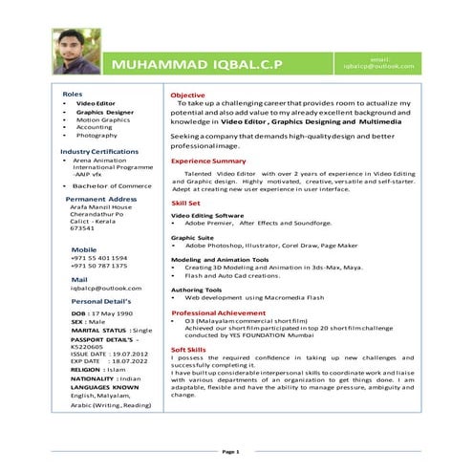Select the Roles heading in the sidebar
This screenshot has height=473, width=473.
click(72, 94)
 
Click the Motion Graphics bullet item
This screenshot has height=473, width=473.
click(102, 118)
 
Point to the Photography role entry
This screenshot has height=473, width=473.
click(97, 136)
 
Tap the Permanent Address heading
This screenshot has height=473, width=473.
click(101, 199)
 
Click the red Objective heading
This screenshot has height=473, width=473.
click(187, 96)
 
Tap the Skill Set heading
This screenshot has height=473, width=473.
click(185, 204)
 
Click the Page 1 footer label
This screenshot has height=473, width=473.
click(230, 450)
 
